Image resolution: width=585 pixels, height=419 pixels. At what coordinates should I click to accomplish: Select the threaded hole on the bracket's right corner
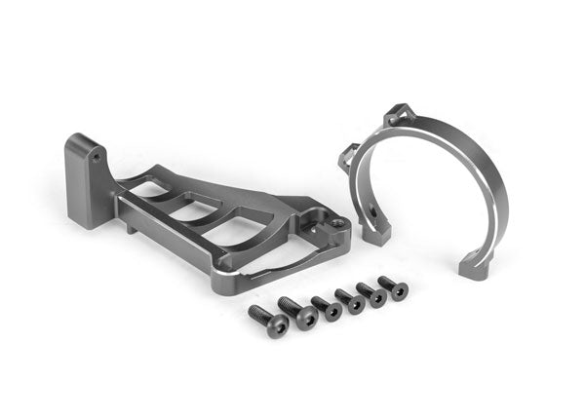point(336,223)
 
